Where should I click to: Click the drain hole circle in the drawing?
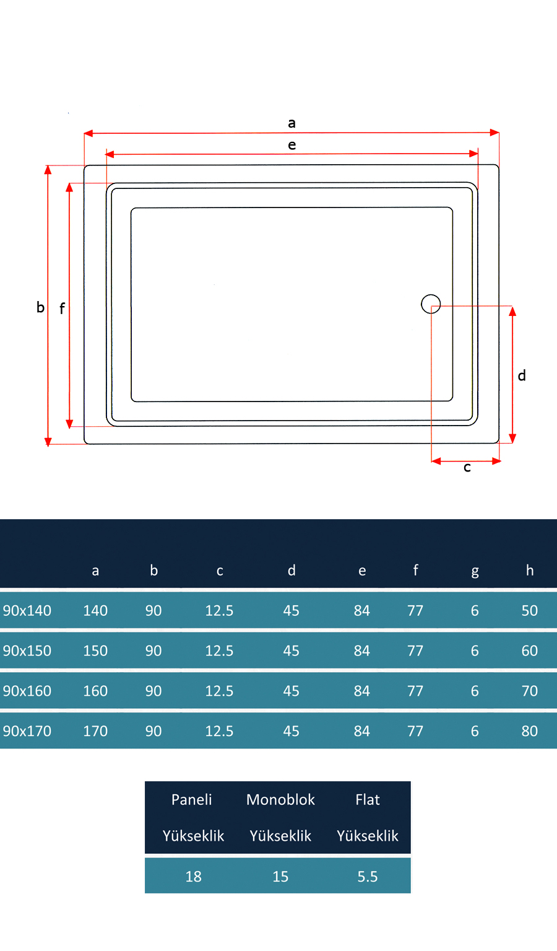[431, 304]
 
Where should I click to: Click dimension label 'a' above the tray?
[291, 123]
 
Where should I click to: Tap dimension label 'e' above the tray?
[291, 145]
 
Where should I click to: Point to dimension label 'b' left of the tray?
[40, 307]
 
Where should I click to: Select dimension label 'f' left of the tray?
[62, 308]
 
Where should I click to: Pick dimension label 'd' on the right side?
[522, 375]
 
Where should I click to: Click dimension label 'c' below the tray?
[467, 468]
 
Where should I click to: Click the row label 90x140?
[27, 611]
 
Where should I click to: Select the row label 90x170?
[27, 731]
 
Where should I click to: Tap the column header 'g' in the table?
[475, 571]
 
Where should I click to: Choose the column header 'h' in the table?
[530, 571]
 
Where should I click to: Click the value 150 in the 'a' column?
[95, 651]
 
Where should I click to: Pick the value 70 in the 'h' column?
[530, 691]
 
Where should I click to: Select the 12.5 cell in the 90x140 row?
[219, 611]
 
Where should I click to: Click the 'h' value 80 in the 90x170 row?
[530, 731]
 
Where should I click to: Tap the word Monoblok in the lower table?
[280, 800]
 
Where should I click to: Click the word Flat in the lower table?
[368, 800]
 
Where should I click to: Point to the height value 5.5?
[368, 877]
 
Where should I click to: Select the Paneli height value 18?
[193, 877]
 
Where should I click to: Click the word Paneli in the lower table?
[192, 800]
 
